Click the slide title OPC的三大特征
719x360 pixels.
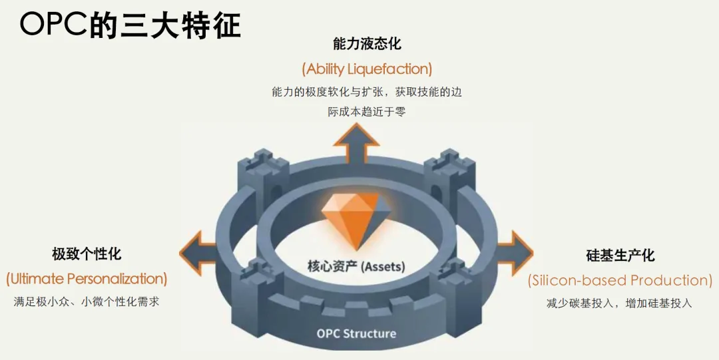coord(130,25)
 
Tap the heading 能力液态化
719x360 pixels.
coord(367,45)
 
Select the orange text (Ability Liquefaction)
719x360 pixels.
coord(367,69)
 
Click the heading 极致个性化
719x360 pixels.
coord(87,254)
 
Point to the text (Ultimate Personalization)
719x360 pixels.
coord(87,278)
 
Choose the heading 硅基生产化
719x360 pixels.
coord(620,256)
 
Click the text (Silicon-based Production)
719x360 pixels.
coord(620,280)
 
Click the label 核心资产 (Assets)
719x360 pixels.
coord(352,267)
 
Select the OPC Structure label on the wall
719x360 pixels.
coord(356,333)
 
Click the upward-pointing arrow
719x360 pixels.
coord(356,142)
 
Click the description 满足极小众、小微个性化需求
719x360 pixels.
coord(87,301)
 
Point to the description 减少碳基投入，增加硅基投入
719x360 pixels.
coord(619,303)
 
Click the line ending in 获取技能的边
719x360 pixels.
coord(367,92)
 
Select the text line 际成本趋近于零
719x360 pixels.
coord(367,112)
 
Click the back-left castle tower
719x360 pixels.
coord(263,176)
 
